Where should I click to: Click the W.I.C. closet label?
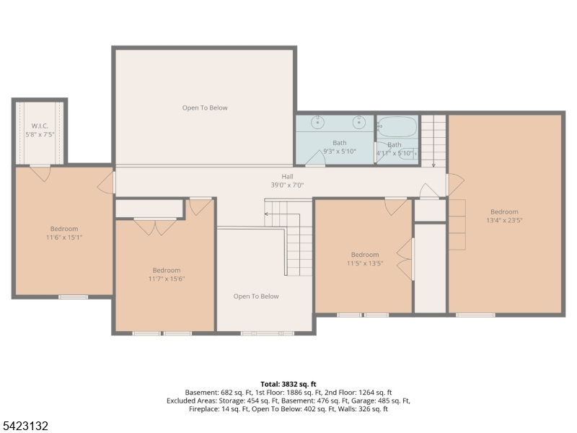coord(40,126)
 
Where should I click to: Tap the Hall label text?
coord(287,177)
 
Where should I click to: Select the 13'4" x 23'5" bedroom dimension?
coord(504,221)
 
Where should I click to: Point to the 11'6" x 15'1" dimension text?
coord(64,237)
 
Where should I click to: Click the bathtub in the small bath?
coord(397,127)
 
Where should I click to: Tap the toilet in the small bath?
coord(408,154)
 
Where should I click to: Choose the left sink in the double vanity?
coord(317,122)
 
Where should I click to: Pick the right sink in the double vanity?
coord(358,122)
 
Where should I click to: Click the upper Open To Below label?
coord(205,108)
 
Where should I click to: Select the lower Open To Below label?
coord(256,297)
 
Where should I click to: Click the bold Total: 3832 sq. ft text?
coord(288,385)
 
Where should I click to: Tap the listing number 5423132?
coord(25,426)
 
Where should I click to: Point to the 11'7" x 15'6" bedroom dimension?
coord(167,279)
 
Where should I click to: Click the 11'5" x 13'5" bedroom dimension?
coord(365,263)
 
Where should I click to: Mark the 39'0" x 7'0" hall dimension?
coord(287,185)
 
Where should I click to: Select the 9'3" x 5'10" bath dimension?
coord(340,152)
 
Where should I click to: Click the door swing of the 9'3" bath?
coord(316,158)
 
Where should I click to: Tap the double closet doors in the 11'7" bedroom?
coord(155,227)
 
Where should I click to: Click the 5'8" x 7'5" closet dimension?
coord(40,135)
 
